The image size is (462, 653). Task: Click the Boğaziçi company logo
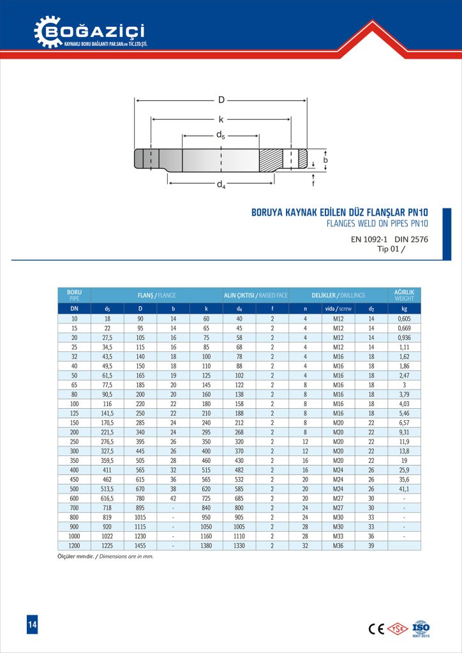90,31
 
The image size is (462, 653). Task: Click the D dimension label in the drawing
221,99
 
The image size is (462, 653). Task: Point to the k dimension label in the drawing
221,119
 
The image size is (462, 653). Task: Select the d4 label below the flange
220,185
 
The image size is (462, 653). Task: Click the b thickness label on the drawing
325,160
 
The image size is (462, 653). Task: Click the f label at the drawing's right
313,183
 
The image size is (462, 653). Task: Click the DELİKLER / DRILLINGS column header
338,295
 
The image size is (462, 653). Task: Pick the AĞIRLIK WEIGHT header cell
404,295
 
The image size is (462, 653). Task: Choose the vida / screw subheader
338,309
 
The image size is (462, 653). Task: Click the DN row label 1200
74,545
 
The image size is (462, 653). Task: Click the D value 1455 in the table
140,545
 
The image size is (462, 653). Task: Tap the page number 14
32,625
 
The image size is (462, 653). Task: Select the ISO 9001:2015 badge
421,627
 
